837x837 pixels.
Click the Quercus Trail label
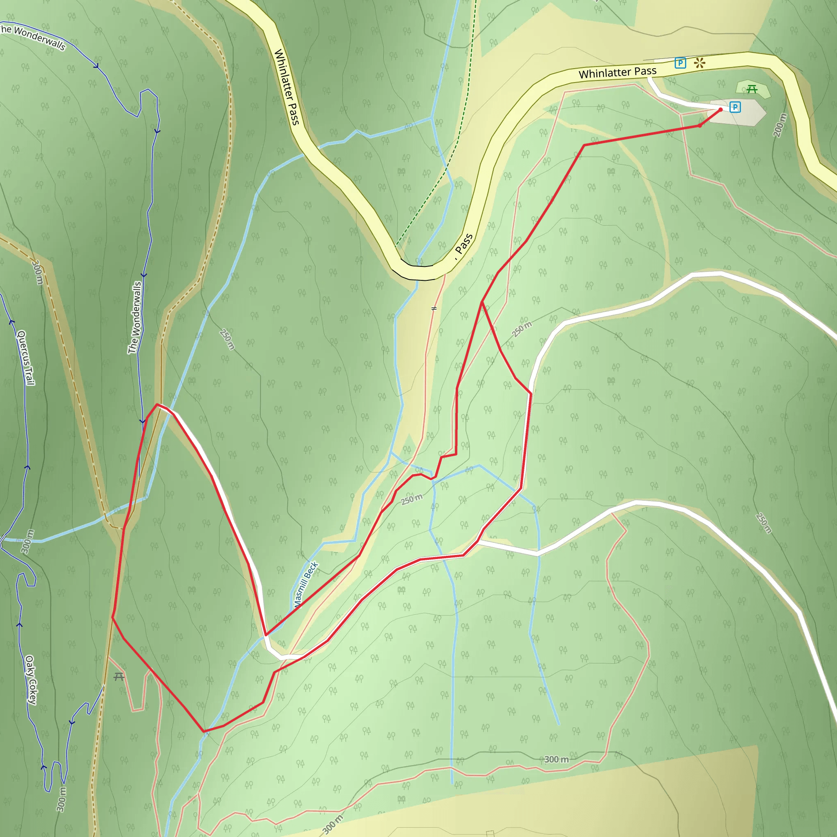26,358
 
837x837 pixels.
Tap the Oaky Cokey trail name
31,680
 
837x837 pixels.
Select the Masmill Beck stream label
306,584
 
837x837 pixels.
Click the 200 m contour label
780,125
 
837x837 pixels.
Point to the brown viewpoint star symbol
700,63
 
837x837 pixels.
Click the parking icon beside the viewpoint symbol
680,63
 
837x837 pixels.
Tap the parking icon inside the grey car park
735,107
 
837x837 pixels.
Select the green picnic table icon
752,89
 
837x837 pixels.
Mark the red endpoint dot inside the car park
721,110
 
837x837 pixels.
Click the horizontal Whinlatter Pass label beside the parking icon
618,72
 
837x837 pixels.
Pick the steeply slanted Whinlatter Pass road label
287,87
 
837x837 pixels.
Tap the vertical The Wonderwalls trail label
135,318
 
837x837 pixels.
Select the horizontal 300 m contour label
556,759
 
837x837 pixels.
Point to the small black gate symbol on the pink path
434,309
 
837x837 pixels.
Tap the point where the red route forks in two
482,302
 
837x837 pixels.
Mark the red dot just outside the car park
700,125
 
